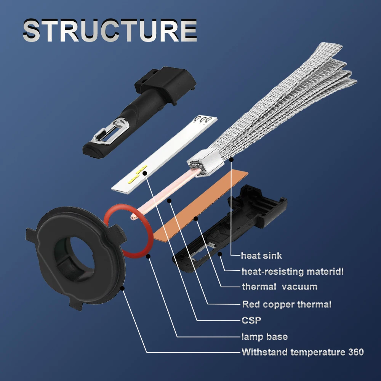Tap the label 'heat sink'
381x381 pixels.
(x=261, y=256)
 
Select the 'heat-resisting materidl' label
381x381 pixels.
(x=293, y=271)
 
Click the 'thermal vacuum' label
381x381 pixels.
(x=279, y=287)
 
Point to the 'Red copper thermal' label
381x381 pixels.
(x=287, y=304)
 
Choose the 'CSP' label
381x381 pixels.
(x=251, y=320)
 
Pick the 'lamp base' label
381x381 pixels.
(x=264, y=336)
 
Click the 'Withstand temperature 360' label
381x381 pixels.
(x=303, y=352)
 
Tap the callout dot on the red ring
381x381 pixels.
(x=149, y=256)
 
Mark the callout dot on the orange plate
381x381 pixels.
(x=196, y=218)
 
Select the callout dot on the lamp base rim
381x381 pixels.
(x=123, y=288)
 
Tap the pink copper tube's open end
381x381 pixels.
(x=133, y=218)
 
